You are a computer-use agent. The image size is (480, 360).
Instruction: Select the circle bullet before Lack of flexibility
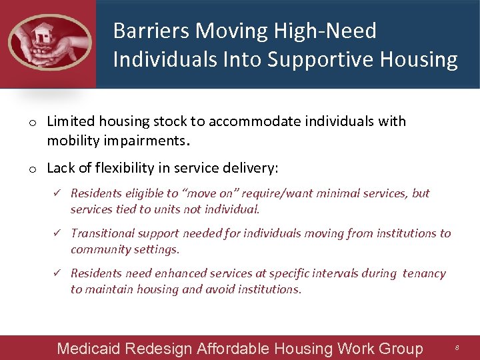[31, 169]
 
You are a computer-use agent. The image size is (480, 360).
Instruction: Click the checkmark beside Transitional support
[57, 233]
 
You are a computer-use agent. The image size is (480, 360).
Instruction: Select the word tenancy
[424, 273]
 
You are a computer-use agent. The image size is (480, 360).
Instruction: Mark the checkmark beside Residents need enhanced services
[57, 273]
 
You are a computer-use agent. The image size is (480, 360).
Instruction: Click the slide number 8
[457, 348]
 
